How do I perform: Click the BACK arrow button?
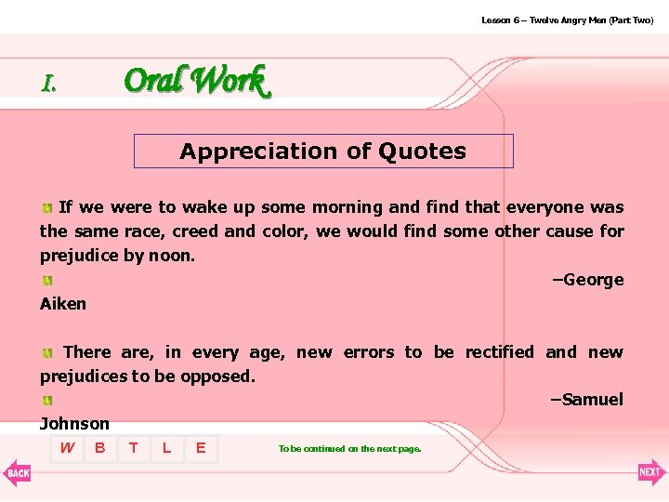coord(17,472)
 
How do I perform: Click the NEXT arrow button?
coord(651,472)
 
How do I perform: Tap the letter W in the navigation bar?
coord(67,448)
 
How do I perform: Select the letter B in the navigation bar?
coord(99,448)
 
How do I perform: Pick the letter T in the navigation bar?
coord(134,448)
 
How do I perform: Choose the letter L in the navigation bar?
coord(166,448)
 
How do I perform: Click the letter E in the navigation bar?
coord(201,448)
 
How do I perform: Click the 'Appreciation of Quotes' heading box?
coord(323,152)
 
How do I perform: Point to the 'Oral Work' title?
coord(196,81)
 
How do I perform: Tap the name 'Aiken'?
coord(63,304)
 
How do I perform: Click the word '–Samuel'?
coord(586,400)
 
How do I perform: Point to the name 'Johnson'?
coord(74,424)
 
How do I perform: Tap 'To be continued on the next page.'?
coord(349,449)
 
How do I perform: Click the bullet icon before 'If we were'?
coord(46,208)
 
